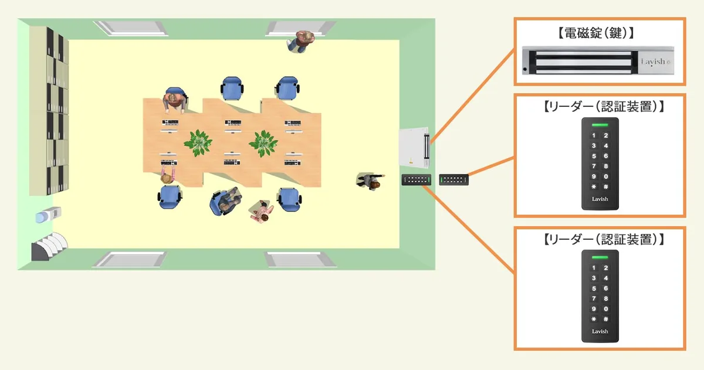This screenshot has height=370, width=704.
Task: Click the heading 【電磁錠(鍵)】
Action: pos(599,34)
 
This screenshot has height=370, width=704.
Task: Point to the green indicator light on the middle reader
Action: pos(600,124)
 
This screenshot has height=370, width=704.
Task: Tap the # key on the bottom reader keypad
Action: pos(605,320)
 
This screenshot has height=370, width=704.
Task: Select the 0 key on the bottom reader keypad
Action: pos(605,309)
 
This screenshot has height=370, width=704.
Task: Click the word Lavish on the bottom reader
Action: pos(600,331)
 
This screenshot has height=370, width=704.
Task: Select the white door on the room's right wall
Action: pos(414,147)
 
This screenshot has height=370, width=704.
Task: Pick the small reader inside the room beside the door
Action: pos(416,179)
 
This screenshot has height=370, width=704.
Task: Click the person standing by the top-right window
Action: pos(302,42)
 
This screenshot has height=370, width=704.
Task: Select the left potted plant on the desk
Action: pos(198,142)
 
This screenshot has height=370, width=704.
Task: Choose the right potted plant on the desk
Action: pos(262,142)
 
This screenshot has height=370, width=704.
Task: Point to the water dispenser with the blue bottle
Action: pos(45,216)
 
